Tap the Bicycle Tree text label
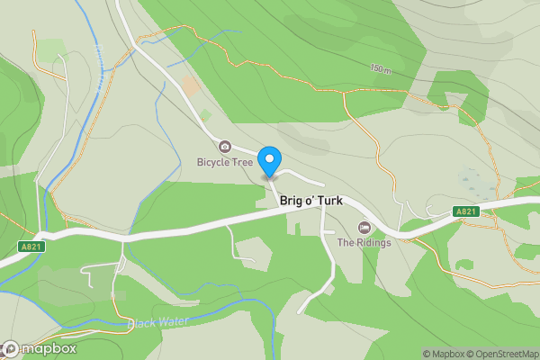[x=225, y=163]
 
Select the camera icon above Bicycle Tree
[x=225, y=147]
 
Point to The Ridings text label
[x=364, y=242]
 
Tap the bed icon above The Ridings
[x=364, y=227]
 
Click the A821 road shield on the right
[x=464, y=211]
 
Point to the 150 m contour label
[x=381, y=68]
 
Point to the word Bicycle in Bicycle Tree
[x=214, y=163]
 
